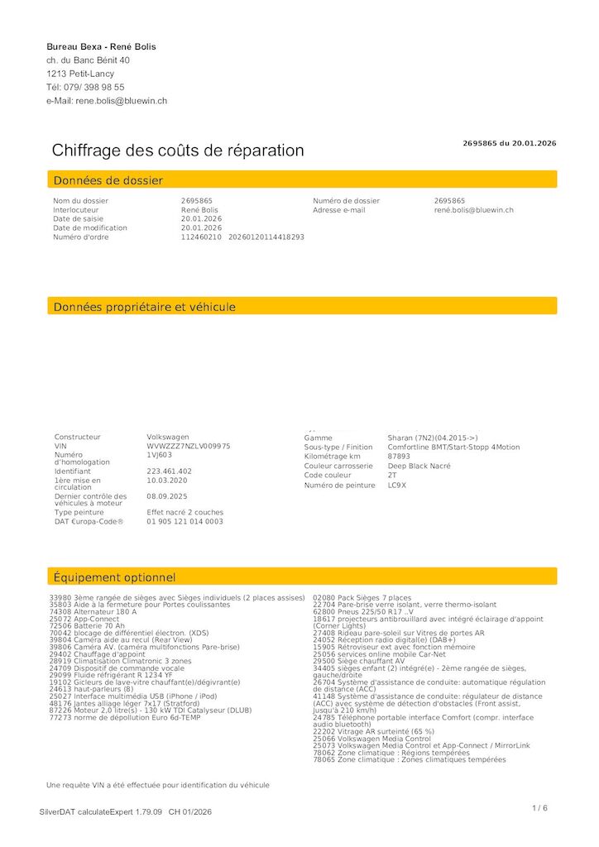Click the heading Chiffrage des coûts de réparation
point(178,151)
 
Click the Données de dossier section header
point(108,180)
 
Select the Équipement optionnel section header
point(114,577)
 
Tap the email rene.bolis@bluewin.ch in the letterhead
point(122,101)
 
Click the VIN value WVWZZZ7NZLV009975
point(189,446)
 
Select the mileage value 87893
point(399,457)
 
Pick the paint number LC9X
point(397,485)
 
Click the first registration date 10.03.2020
point(167,480)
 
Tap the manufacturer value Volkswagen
point(168,437)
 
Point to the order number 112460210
point(201,237)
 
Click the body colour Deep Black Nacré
point(419,466)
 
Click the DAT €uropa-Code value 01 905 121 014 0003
point(185,521)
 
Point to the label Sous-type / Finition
point(338,447)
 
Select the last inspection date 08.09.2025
point(167,496)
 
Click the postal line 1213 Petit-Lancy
point(80,74)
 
